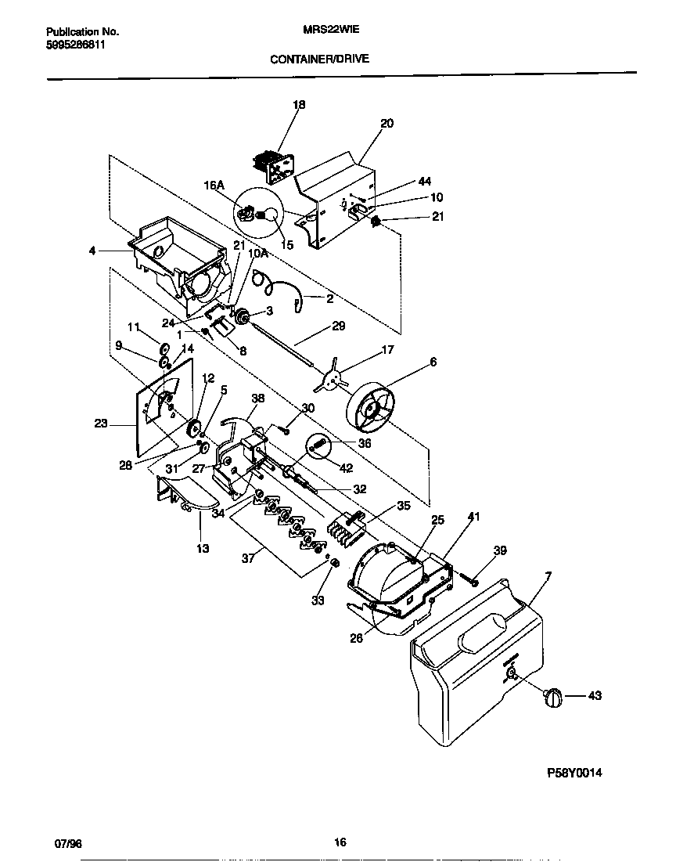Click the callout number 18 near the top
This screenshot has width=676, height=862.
click(x=299, y=104)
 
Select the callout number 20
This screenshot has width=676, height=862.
click(x=387, y=123)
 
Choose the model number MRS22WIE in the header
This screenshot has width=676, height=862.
click(x=325, y=32)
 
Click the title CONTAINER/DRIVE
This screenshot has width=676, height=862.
click(x=319, y=59)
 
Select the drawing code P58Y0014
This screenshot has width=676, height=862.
click(x=574, y=773)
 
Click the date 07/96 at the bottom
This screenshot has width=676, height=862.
click(x=68, y=842)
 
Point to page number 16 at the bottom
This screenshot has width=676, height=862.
click(x=340, y=842)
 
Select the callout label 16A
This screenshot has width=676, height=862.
click(x=214, y=186)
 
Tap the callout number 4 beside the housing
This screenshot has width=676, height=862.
click(x=92, y=251)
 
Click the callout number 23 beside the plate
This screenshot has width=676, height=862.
click(x=101, y=424)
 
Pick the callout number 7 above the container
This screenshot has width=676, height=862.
click(x=548, y=576)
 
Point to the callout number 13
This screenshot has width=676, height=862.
click(x=203, y=548)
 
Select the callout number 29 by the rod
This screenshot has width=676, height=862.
click(x=338, y=326)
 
